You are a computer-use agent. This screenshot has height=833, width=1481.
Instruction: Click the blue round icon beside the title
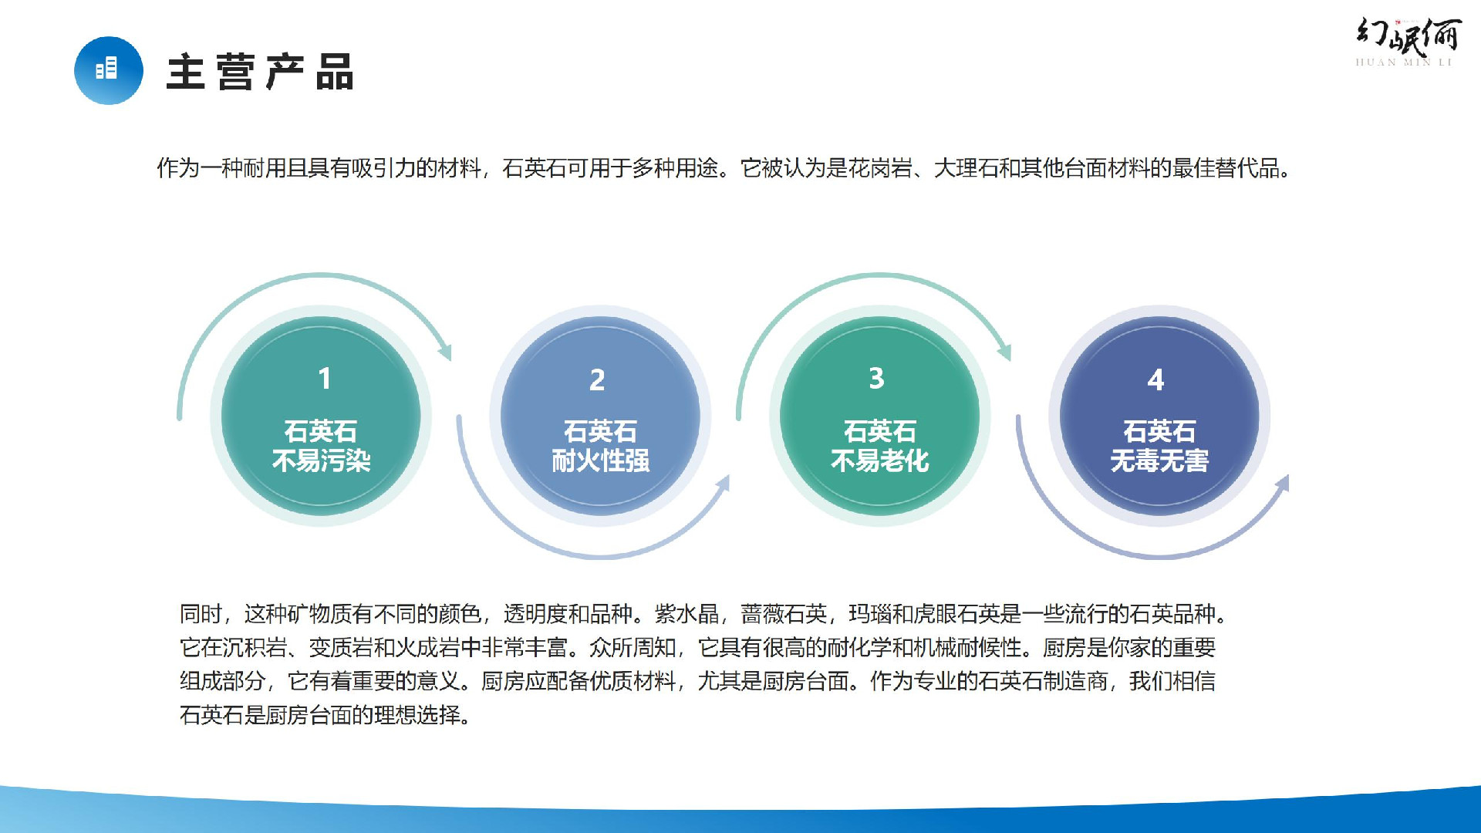coord(109,70)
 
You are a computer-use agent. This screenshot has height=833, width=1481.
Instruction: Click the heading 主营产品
coord(260,72)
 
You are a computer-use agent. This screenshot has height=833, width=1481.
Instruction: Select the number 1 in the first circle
coord(324,379)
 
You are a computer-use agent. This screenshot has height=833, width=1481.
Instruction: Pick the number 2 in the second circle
coord(597,379)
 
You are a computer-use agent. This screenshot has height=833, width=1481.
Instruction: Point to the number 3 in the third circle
coord(876,378)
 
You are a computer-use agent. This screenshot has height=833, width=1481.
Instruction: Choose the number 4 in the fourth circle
coord(1155,379)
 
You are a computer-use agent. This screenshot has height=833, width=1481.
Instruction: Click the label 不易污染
coord(322,461)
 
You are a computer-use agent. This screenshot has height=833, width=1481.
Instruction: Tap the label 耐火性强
coord(601,461)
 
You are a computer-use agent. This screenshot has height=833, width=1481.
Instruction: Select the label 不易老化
coord(880,461)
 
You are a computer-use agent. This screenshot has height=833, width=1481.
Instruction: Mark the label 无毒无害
coord(1159,461)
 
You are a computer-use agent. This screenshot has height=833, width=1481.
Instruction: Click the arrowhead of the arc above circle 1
coord(445,351)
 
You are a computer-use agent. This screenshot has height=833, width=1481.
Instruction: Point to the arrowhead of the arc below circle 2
coord(723,484)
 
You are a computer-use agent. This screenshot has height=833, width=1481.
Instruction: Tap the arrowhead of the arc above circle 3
coord(1004,351)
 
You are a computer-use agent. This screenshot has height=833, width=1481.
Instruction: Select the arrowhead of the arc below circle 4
coord(1282,484)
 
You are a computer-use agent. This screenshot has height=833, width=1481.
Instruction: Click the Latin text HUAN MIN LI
coord(1404,62)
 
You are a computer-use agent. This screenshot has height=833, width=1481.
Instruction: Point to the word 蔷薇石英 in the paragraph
coord(784,614)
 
